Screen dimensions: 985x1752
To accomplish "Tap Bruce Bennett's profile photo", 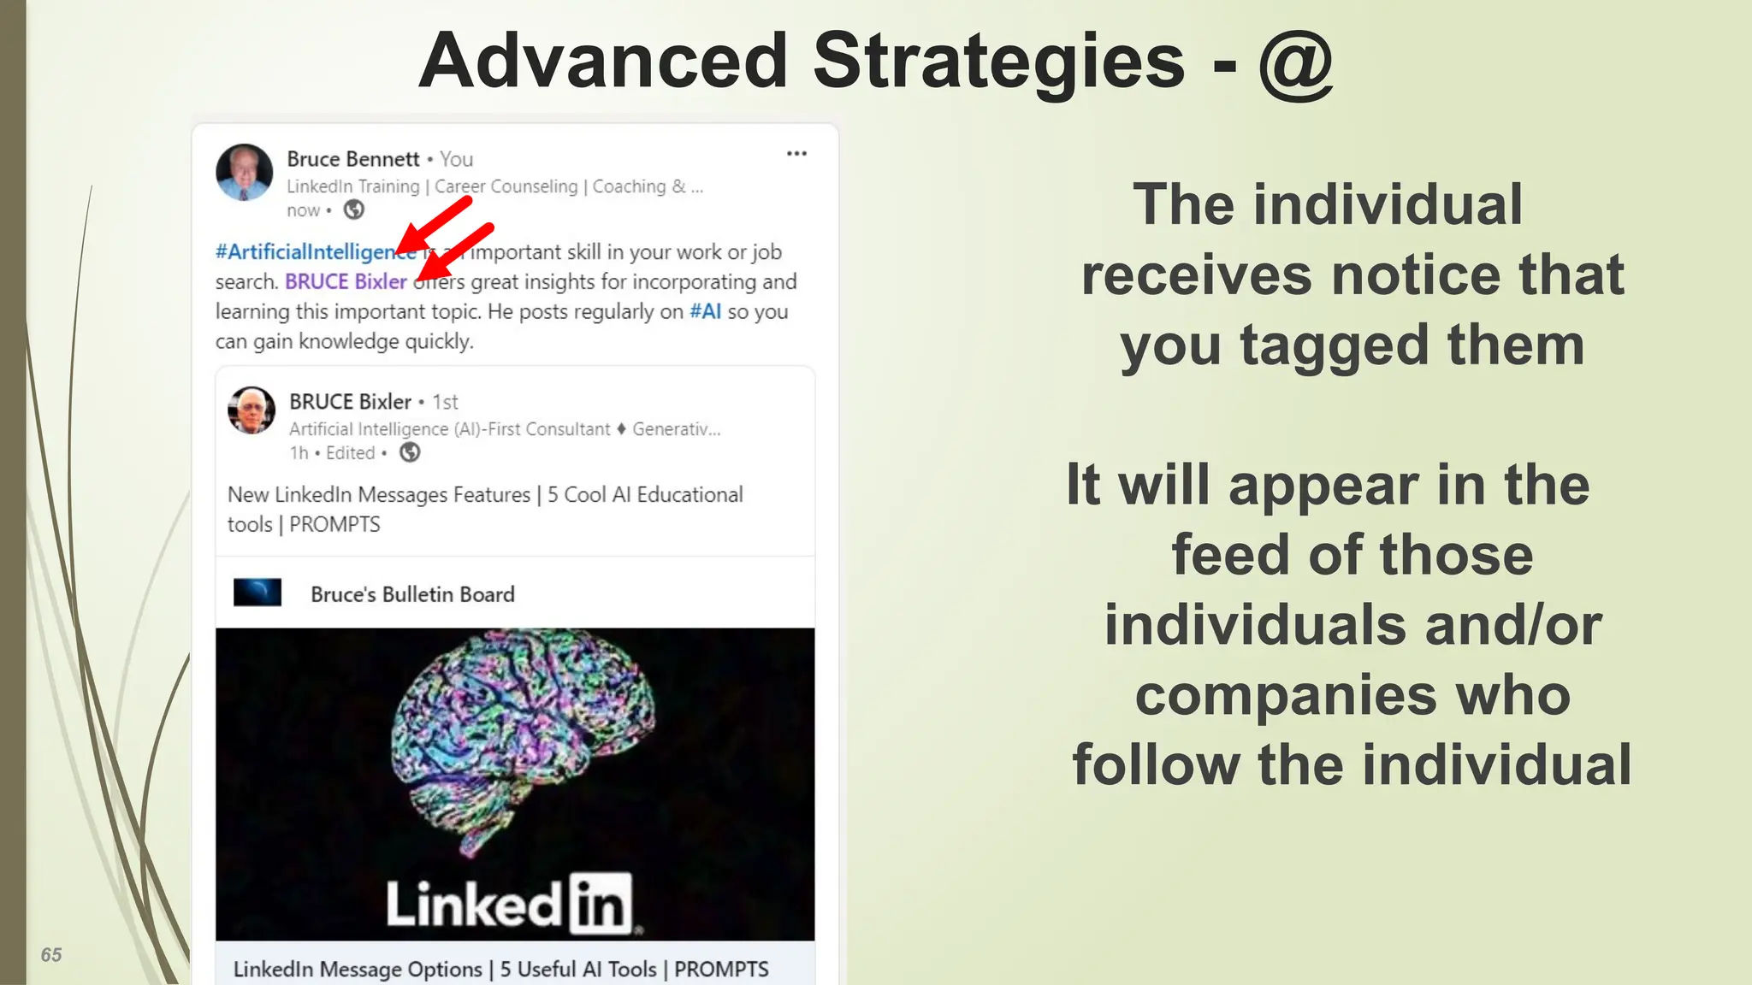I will pyautogui.click(x=245, y=172).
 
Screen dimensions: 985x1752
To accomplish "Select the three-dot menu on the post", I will pyautogui.click(x=796, y=154).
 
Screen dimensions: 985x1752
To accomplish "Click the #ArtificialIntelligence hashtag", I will pyautogui.click(x=308, y=252).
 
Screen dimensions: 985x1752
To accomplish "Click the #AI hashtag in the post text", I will pyautogui.click(x=706, y=312).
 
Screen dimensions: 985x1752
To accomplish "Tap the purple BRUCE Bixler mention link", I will pyautogui.click(x=346, y=282).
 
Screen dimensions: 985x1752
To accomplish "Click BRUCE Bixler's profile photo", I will pyautogui.click(x=252, y=410).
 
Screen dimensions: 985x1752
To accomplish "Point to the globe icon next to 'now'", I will pyautogui.click(x=353, y=209).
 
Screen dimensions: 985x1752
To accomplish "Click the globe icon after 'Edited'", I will pyautogui.click(x=411, y=452).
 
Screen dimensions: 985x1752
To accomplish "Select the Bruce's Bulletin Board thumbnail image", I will pyautogui.click(x=257, y=593).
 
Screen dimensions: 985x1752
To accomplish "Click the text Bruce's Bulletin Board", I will pyautogui.click(x=412, y=594).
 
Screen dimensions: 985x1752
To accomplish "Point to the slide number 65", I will pyautogui.click(x=51, y=955).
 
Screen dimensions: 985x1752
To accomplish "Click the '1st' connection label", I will pyautogui.click(x=445, y=402).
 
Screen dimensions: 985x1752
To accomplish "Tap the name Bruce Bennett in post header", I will pyautogui.click(x=352, y=159).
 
